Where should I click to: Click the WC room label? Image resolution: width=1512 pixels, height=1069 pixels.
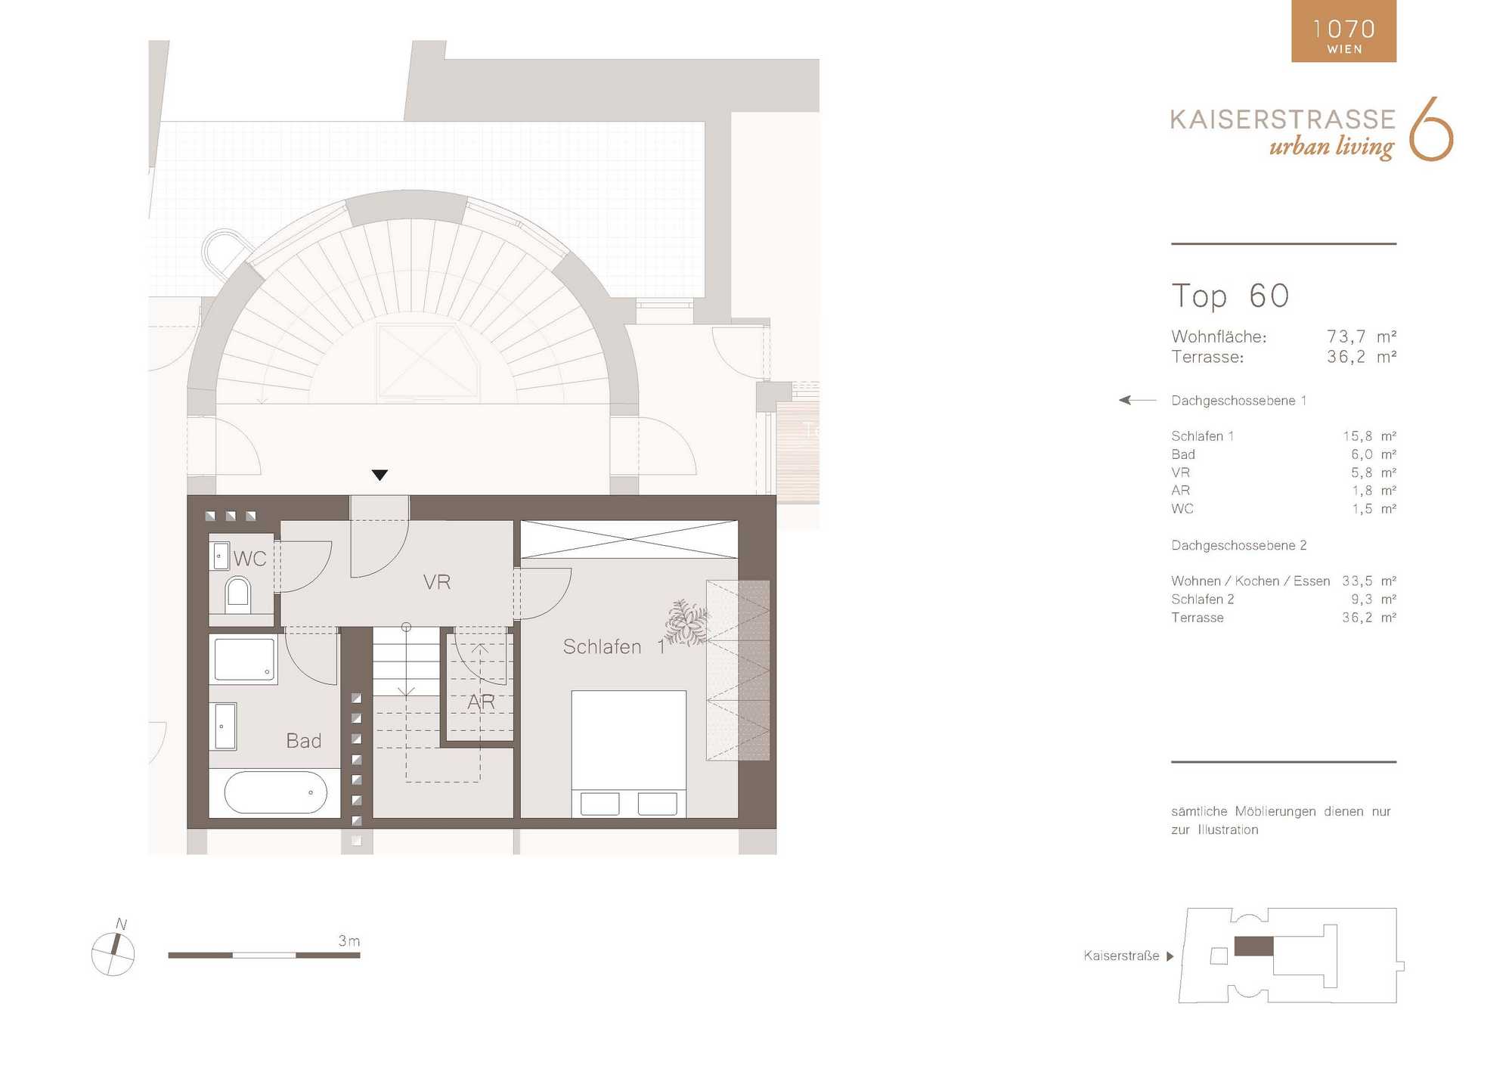tap(249, 559)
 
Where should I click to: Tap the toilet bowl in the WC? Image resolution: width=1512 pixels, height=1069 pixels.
tap(237, 592)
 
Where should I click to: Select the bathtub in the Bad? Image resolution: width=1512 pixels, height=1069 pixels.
tap(275, 792)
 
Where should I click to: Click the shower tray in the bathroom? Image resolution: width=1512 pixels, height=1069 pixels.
tap(244, 659)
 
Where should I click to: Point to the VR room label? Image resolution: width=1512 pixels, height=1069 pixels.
tap(436, 582)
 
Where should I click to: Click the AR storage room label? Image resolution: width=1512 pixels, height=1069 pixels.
tap(481, 702)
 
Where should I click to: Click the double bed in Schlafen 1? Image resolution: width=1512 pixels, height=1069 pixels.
tap(628, 754)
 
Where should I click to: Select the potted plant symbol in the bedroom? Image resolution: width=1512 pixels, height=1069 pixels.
tap(686, 623)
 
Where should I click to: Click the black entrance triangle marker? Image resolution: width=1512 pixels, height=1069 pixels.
tap(380, 475)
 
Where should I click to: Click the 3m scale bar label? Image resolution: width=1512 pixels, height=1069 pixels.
tap(349, 941)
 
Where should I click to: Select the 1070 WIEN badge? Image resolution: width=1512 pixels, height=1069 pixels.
tap(1343, 31)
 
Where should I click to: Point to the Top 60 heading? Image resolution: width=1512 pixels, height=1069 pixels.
tap(1230, 296)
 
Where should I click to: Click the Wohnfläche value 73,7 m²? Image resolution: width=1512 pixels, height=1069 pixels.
tap(1361, 336)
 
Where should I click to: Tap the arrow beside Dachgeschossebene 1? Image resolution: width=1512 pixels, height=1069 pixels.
tap(1137, 400)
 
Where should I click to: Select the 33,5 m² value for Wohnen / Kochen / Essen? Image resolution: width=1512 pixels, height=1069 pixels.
tap(1368, 581)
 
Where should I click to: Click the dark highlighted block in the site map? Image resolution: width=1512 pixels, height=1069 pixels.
tap(1253, 946)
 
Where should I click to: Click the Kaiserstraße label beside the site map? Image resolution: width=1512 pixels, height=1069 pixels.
tap(1121, 956)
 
